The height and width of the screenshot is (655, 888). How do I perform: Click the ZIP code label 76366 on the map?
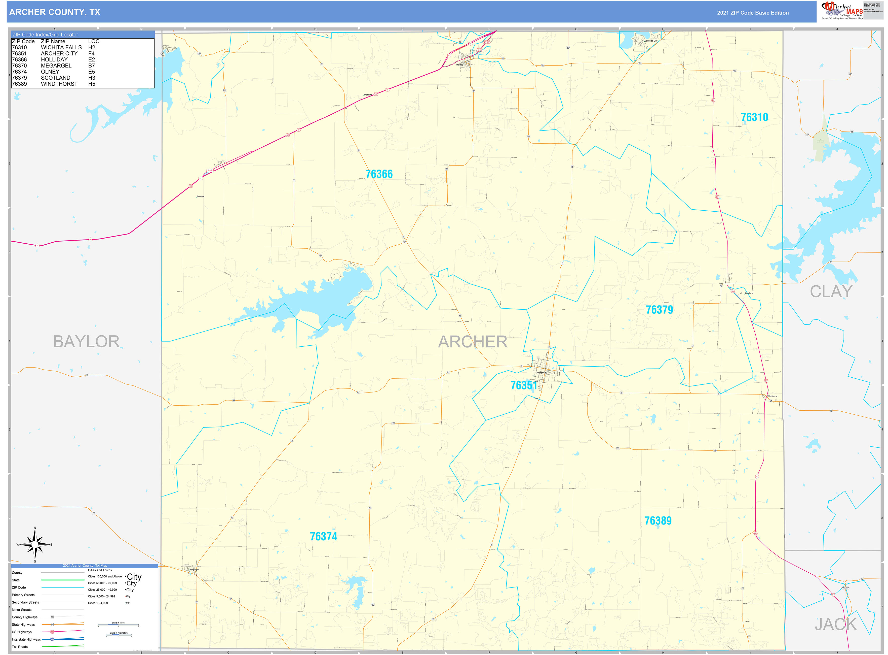379,174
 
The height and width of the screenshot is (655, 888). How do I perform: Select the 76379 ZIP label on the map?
659,310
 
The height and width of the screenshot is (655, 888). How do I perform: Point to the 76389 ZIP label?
658,520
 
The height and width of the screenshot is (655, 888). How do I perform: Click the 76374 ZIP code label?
323,536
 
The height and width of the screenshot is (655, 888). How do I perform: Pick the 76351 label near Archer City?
523,385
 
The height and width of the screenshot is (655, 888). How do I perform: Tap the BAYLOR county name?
86,341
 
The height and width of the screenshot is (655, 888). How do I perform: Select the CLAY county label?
831,291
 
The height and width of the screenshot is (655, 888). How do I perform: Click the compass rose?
35,545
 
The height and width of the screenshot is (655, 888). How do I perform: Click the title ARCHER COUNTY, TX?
55,12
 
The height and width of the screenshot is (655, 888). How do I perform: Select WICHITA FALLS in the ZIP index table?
61,47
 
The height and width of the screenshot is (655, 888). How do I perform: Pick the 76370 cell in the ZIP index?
19,65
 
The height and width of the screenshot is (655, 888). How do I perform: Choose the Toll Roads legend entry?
20,647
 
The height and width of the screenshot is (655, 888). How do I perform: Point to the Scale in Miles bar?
118,625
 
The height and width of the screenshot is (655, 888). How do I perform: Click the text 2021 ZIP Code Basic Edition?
753,13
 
